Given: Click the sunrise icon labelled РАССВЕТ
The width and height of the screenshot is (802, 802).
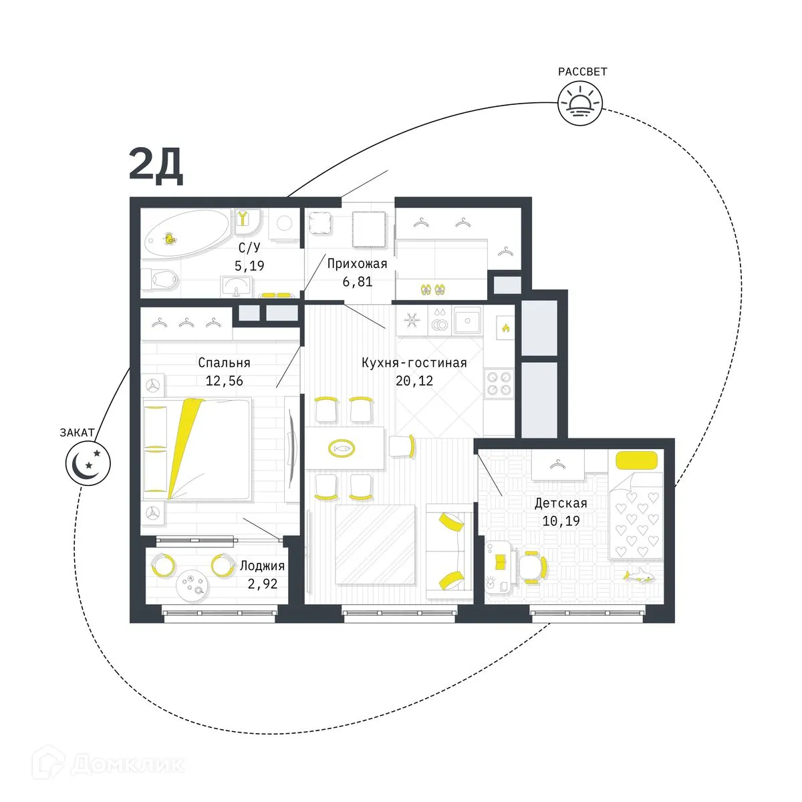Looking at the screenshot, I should (x=579, y=104).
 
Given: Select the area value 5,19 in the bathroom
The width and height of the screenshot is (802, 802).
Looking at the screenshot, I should (x=249, y=265).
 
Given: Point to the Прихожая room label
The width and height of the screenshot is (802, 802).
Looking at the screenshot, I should (x=358, y=264).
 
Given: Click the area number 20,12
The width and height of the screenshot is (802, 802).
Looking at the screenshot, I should (x=414, y=381).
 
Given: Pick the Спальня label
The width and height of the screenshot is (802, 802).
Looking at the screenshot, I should (x=224, y=363).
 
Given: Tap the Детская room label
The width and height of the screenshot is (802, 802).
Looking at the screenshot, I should (x=561, y=503).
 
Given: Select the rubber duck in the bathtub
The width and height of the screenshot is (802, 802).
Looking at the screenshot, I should (x=170, y=239).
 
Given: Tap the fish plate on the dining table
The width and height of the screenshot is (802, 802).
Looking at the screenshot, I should (x=342, y=447).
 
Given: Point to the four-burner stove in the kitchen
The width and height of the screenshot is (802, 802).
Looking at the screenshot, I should (x=499, y=384).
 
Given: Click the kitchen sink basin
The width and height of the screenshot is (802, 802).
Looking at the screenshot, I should (x=467, y=321).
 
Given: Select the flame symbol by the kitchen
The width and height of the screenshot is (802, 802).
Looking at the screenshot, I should (x=506, y=327).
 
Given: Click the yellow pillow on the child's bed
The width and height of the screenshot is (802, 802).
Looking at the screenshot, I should (x=636, y=460).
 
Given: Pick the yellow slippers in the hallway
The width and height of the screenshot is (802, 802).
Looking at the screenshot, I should (x=432, y=289).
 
